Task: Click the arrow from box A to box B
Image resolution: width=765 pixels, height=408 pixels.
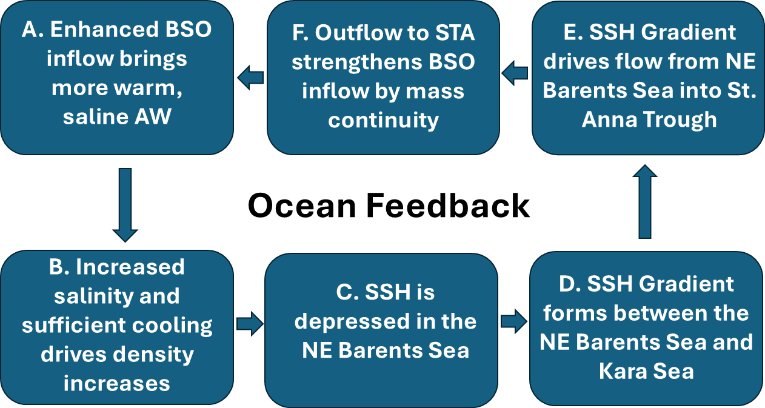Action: tap(125, 205)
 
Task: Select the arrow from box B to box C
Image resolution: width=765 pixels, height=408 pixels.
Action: tap(250, 323)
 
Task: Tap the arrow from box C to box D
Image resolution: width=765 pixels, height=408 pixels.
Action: tap(514, 321)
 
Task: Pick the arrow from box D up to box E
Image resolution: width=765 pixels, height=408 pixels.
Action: tap(645, 201)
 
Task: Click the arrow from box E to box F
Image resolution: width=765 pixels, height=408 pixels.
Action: tap(515, 73)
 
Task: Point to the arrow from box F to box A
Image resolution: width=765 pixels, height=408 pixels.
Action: tap(250, 78)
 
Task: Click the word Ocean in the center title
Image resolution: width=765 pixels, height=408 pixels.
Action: tap(302, 206)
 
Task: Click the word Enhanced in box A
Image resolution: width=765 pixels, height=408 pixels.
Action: tap(104, 29)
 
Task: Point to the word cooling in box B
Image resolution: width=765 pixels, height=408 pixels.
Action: tap(172, 325)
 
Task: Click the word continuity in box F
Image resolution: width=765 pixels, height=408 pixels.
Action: tap(383, 121)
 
